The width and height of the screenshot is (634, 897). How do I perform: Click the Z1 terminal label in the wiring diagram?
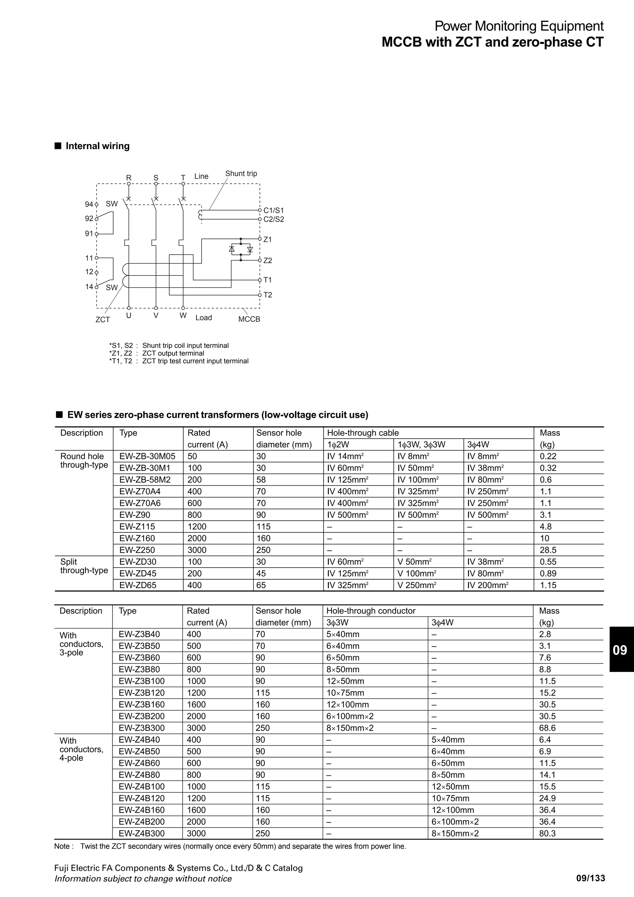pos(267,240)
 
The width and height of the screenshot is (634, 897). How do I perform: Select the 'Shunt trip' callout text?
pos(241,173)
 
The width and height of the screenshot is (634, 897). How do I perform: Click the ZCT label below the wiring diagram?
pos(103,319)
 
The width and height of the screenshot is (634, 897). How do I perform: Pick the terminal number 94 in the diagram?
pos(89,204)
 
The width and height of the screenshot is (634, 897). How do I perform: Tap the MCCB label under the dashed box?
pos(249,319)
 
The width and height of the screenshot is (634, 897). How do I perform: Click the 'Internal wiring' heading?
pos(97,146)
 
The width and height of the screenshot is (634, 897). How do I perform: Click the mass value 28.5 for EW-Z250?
pos(548,550)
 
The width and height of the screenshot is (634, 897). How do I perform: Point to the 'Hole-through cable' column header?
pos(363,433)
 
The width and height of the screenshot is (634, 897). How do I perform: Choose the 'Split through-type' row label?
pos(84,566)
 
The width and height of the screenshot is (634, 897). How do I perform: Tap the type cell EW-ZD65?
pos(138,585)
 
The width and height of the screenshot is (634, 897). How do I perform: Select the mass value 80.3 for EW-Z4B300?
pos(547,833)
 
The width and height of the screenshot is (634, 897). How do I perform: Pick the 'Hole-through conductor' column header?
pos(371,611)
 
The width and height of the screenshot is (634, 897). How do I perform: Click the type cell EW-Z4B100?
pos(141,786)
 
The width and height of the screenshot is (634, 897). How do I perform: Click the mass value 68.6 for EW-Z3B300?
pos(547,728)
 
